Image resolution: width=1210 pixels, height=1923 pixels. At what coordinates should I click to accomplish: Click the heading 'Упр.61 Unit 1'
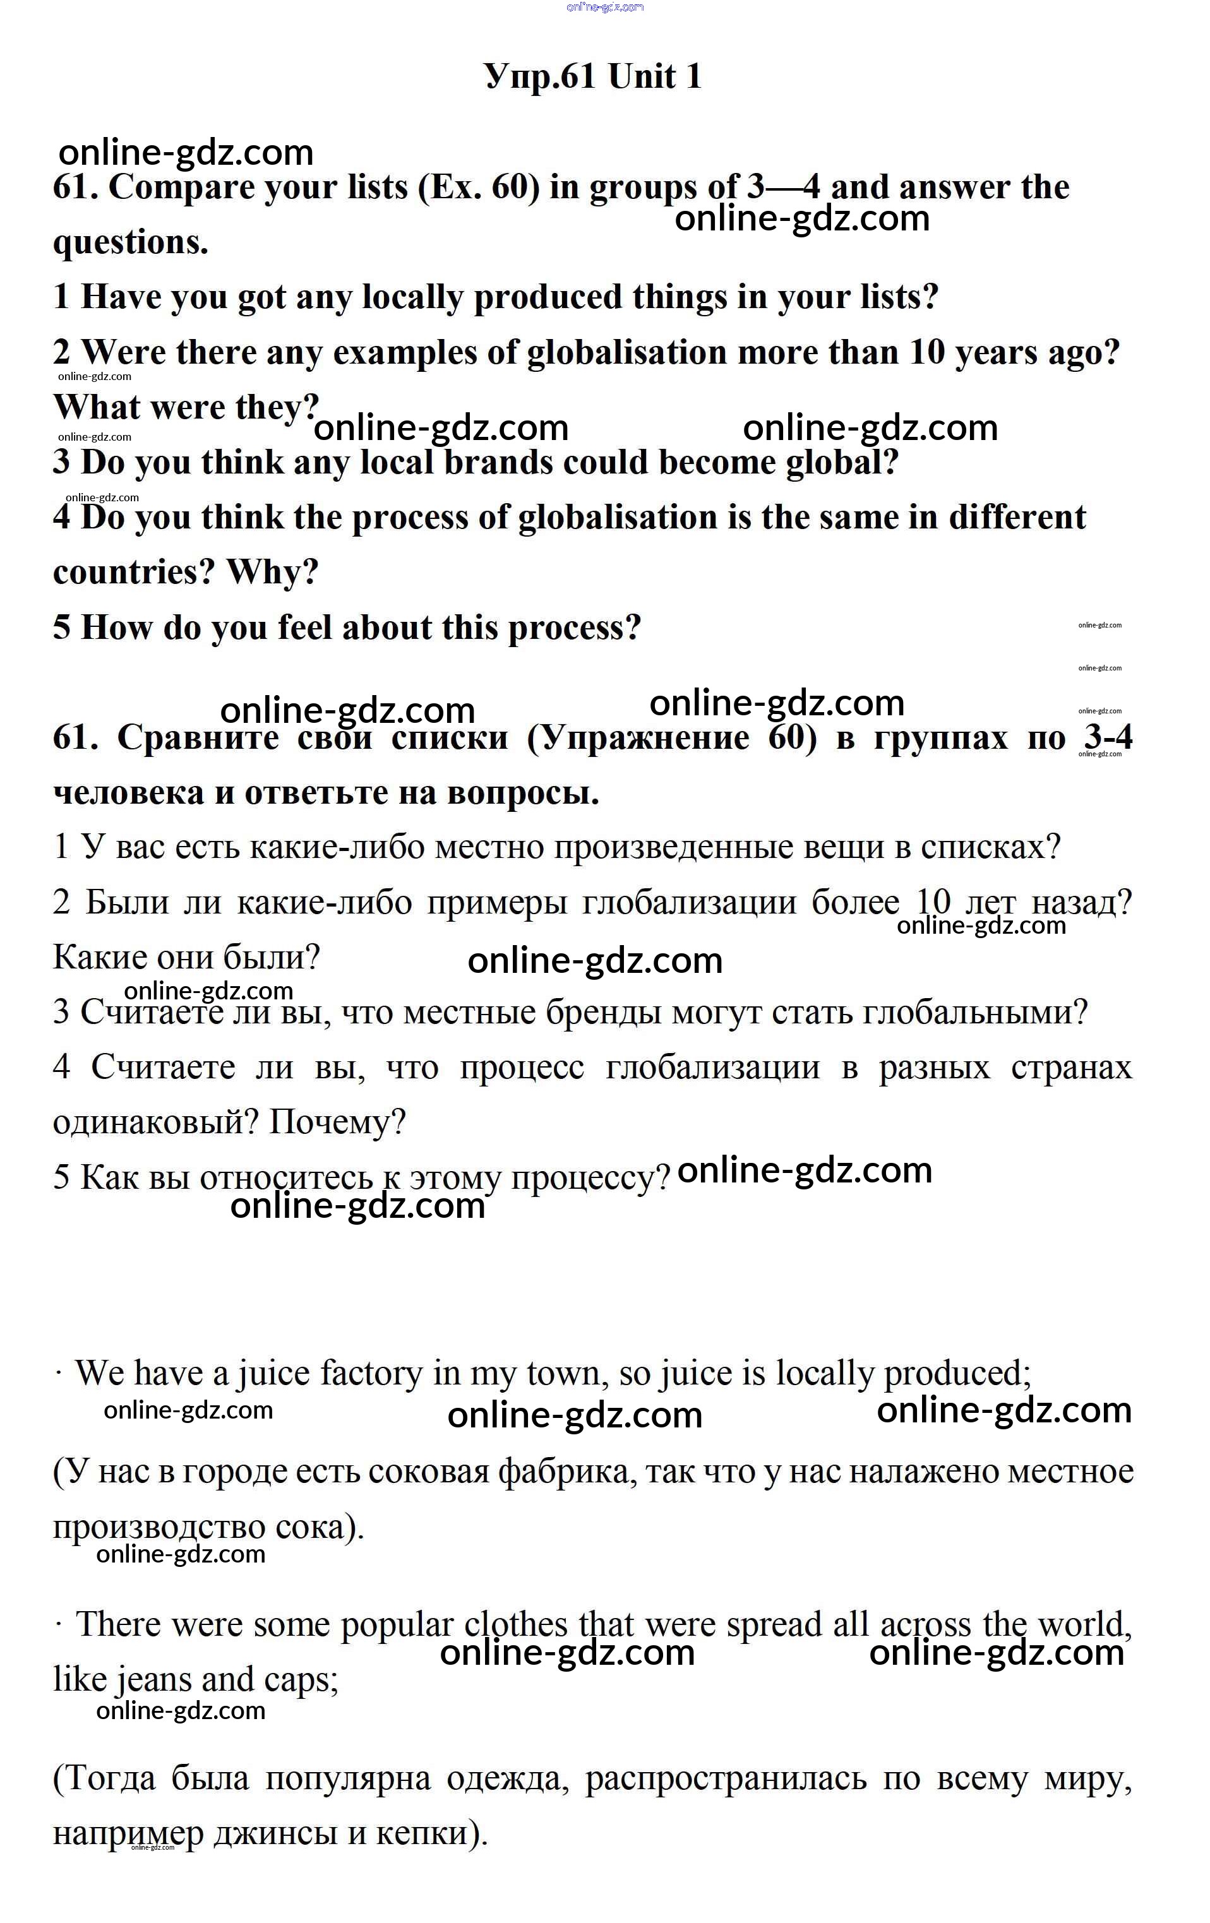592,76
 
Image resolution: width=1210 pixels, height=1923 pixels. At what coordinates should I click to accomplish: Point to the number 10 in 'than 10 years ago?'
926,352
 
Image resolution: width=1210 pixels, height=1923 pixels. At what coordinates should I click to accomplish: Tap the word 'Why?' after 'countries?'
272,573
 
